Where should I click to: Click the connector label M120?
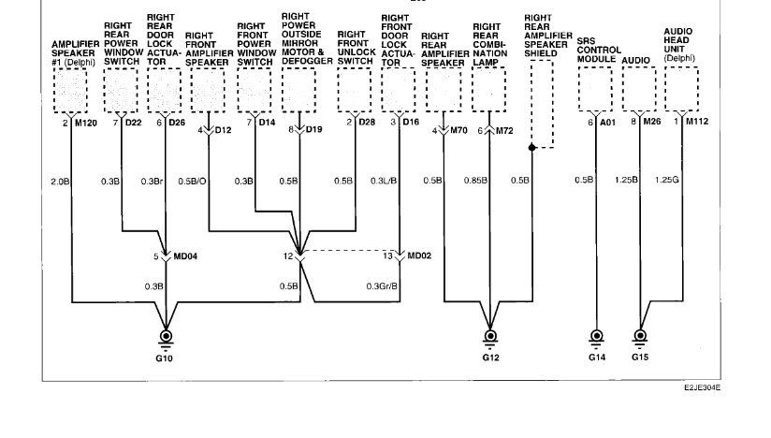click(x=85, y=123)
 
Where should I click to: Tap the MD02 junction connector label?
click(x=416, y=255)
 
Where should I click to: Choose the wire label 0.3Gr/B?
click(x=382, y=286)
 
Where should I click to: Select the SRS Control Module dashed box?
click(x=595, y=91)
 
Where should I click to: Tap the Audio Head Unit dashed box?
click(x=683, y=91)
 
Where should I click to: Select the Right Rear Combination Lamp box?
click(x=488, y=91)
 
